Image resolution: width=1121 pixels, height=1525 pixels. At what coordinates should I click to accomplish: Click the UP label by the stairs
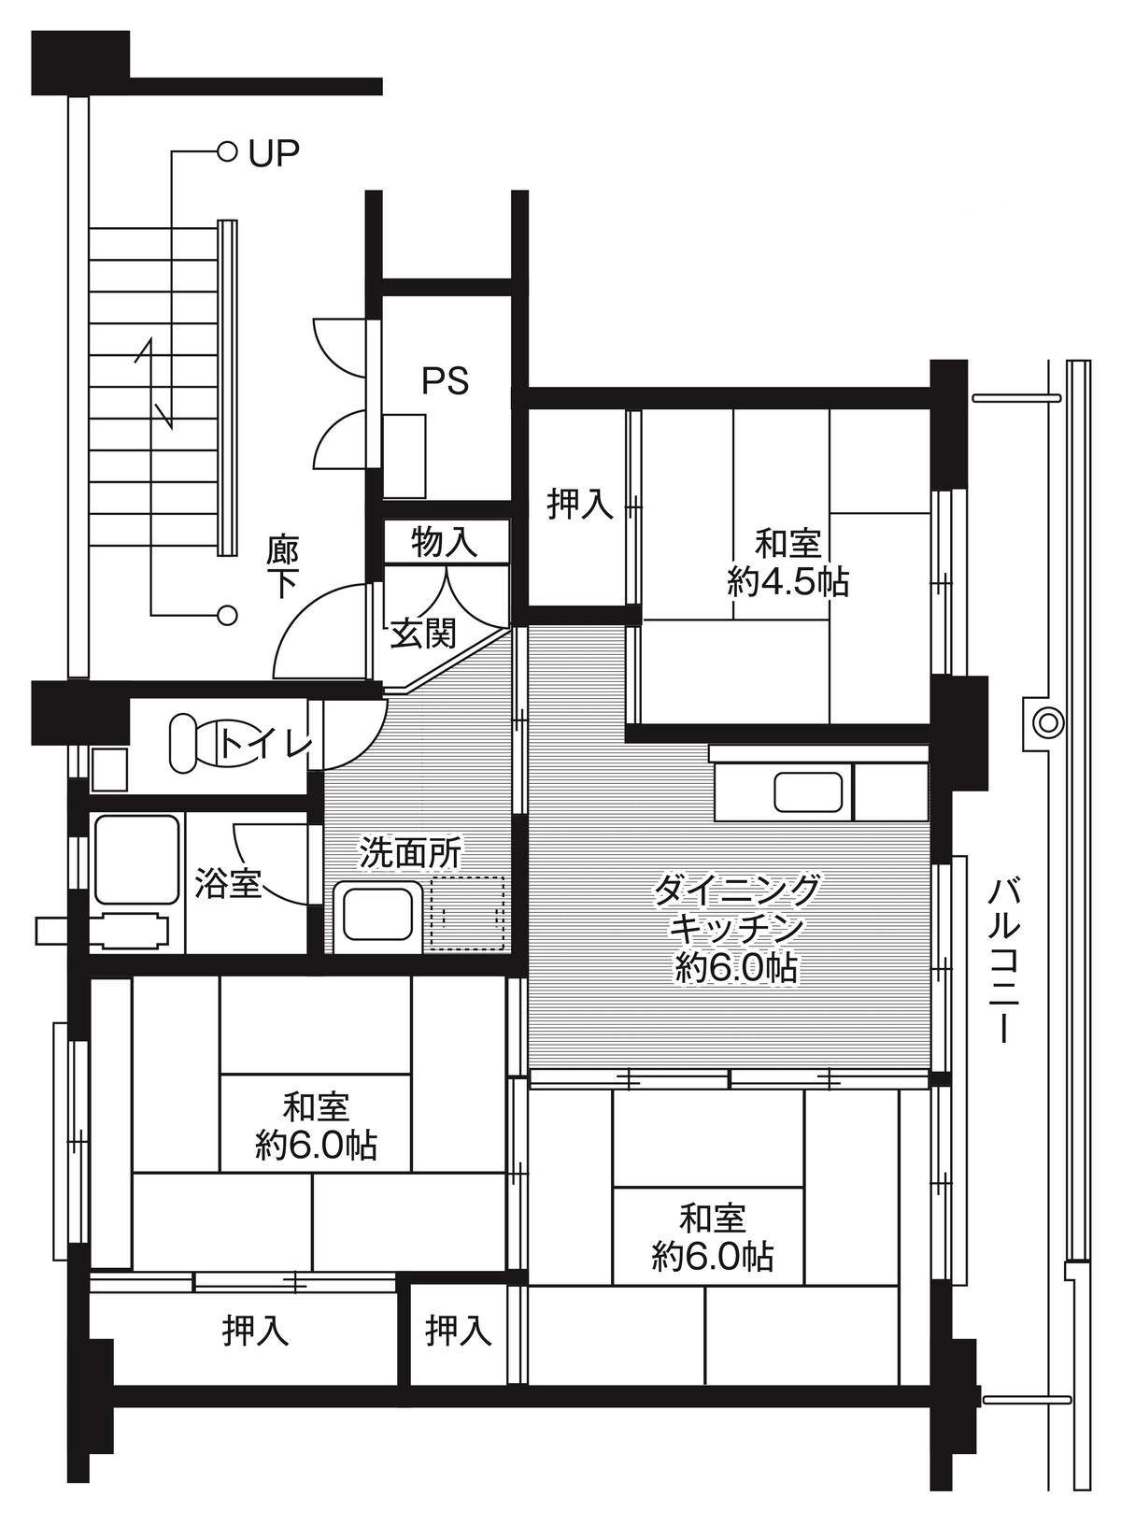click(x=274, y=152)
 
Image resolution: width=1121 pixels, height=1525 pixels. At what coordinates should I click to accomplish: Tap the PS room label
click(x=445, y=380)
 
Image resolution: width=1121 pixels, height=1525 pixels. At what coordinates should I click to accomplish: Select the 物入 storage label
click(x=445, y=543)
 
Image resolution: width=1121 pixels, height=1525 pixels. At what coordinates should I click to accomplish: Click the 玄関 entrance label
click(x=422, y=634)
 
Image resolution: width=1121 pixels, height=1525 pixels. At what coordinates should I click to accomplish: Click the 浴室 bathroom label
click(x=228, y=883)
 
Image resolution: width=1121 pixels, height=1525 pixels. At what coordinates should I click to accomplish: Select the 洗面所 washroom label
click(x=411, y=851)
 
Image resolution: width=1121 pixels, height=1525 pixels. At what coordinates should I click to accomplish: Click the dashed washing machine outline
click(x=466, y=913)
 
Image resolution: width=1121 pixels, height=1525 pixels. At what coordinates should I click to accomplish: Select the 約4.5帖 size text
click(x=788, y=583)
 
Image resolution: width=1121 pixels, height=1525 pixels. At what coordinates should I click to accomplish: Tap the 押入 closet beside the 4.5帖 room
click(x=579, y=505)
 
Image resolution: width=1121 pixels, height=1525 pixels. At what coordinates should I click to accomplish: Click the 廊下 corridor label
click(x=282, y=566)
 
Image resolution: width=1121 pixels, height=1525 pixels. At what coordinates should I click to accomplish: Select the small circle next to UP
click(x=225, y=150)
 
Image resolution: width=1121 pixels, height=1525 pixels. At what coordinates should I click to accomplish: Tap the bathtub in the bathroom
click(x=136, y=861)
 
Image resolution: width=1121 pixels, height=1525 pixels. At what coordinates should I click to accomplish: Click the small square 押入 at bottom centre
click(x=458, y=1330)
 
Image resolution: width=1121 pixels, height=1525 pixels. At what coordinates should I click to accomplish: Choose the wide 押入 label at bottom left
click(x=255, y=1330)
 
